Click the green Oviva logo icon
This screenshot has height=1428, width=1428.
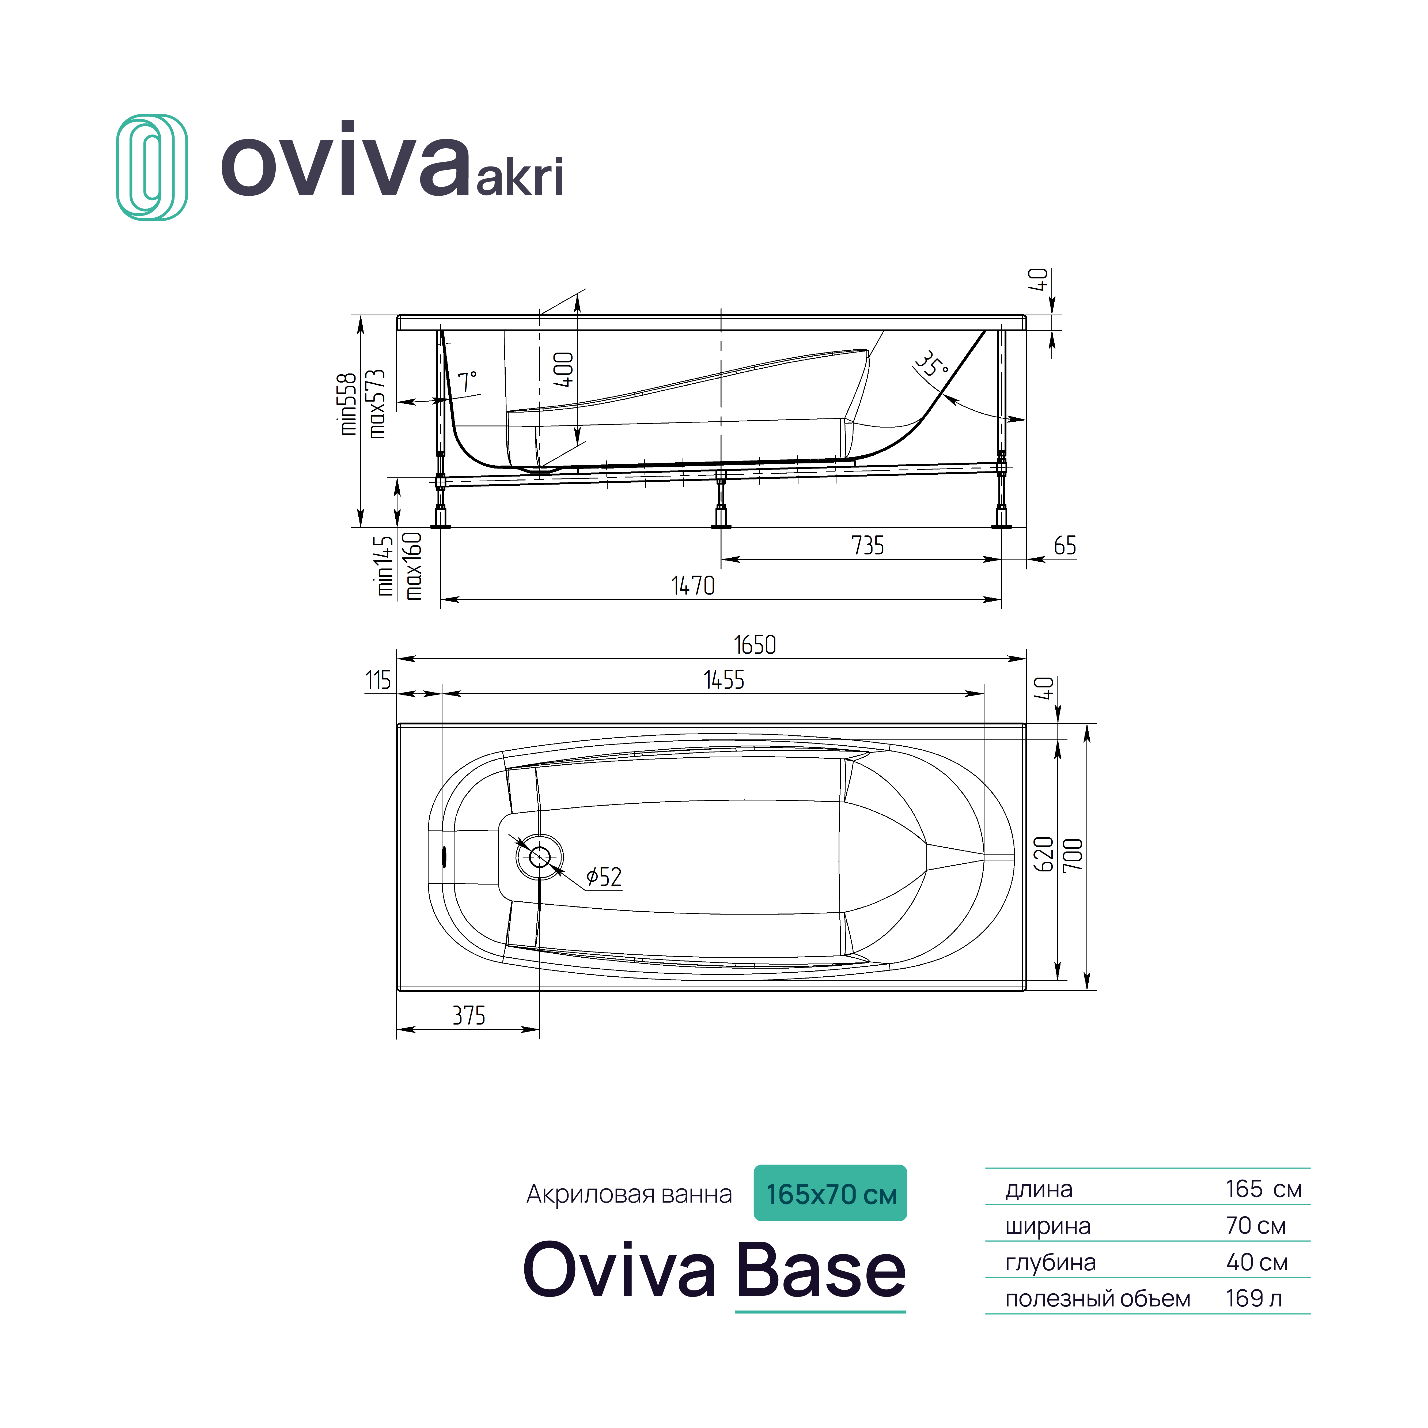tap(151, 167)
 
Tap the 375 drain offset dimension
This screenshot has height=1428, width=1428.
tap(469, 1015)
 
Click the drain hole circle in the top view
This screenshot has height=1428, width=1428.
tap(540, 857)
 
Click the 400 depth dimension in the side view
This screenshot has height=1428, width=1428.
tap(563, 369)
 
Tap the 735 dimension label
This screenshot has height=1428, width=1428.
tap(868, 546)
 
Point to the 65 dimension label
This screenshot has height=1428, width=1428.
tap(1064, 546)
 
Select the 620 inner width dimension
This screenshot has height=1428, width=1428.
tap(1043, 855)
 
